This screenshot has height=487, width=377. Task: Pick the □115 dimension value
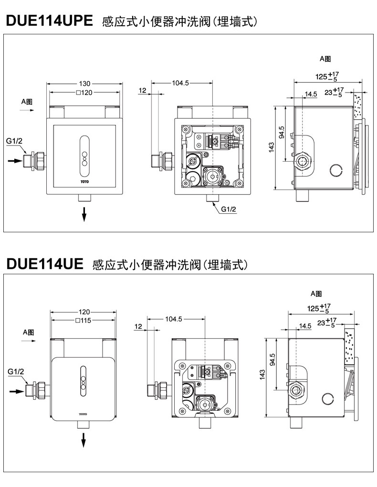83,321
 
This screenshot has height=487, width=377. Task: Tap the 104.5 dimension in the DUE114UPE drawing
181,83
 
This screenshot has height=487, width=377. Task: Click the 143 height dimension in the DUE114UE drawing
262,375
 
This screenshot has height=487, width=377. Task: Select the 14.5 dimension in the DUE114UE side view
305,326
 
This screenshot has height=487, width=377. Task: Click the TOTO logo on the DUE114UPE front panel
84,181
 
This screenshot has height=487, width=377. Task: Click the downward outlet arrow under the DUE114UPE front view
84,214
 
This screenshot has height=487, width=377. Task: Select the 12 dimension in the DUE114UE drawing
138,326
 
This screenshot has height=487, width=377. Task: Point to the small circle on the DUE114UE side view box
327,399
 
